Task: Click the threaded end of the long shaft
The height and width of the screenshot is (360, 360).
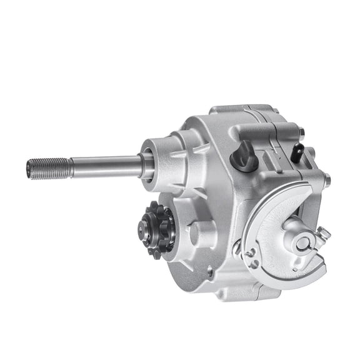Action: pyautogui.click(x=47, y=168)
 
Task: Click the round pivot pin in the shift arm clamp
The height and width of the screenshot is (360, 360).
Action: pyautogui.click(x=302, y=243)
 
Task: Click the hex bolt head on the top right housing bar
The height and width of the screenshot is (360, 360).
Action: pyautogui.click(x=301, y=132)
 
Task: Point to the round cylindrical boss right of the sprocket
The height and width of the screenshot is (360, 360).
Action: pyautogui.click(x=198, y=233)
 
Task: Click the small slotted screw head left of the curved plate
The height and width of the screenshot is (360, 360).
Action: pyautogui.click(x=237, y=247)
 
